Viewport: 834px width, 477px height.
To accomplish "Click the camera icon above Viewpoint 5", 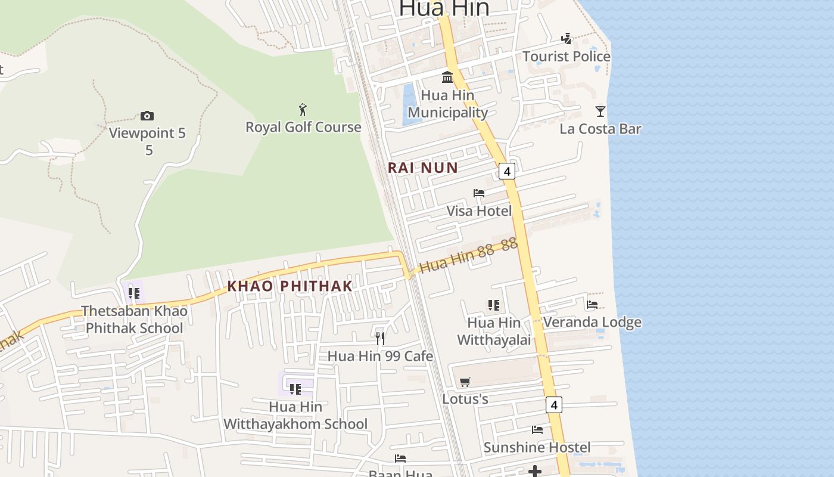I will coord(147,116).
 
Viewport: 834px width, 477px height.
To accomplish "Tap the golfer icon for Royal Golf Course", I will coord(303,110).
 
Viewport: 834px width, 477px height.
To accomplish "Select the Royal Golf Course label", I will coord(303,127).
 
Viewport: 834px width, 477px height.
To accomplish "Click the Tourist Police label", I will coord(566,57).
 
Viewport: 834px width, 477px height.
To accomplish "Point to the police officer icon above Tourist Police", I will coord(566,39).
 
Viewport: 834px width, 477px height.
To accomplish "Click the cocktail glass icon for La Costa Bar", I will coord(600,111).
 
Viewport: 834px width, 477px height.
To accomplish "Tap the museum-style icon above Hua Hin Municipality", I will coord(447,77).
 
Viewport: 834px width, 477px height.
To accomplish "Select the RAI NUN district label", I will coord(423,168).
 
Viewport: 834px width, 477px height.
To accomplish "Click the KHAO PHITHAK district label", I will coord(290,286).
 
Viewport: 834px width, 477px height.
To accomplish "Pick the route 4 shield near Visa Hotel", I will coord(506,172).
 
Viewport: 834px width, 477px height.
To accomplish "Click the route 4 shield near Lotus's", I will coord(554,405).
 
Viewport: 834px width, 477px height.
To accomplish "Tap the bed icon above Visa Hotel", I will coord(478,193).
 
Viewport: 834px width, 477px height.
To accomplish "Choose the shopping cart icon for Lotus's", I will coord(465,382).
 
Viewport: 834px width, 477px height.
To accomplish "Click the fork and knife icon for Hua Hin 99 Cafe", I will coord(380,339).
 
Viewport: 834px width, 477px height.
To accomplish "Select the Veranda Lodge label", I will coord(592,323).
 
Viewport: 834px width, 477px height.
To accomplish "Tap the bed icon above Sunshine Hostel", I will coord(537,430).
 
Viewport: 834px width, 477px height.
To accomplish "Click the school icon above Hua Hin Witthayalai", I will coord(493,305).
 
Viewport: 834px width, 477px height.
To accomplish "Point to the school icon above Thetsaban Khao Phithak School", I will coord(134,293).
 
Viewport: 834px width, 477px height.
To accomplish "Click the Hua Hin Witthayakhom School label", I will coord(295,416).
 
